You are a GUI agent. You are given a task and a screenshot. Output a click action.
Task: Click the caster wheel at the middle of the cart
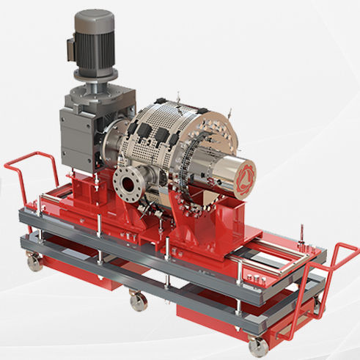pyautogui.click(x=136, y=300)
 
